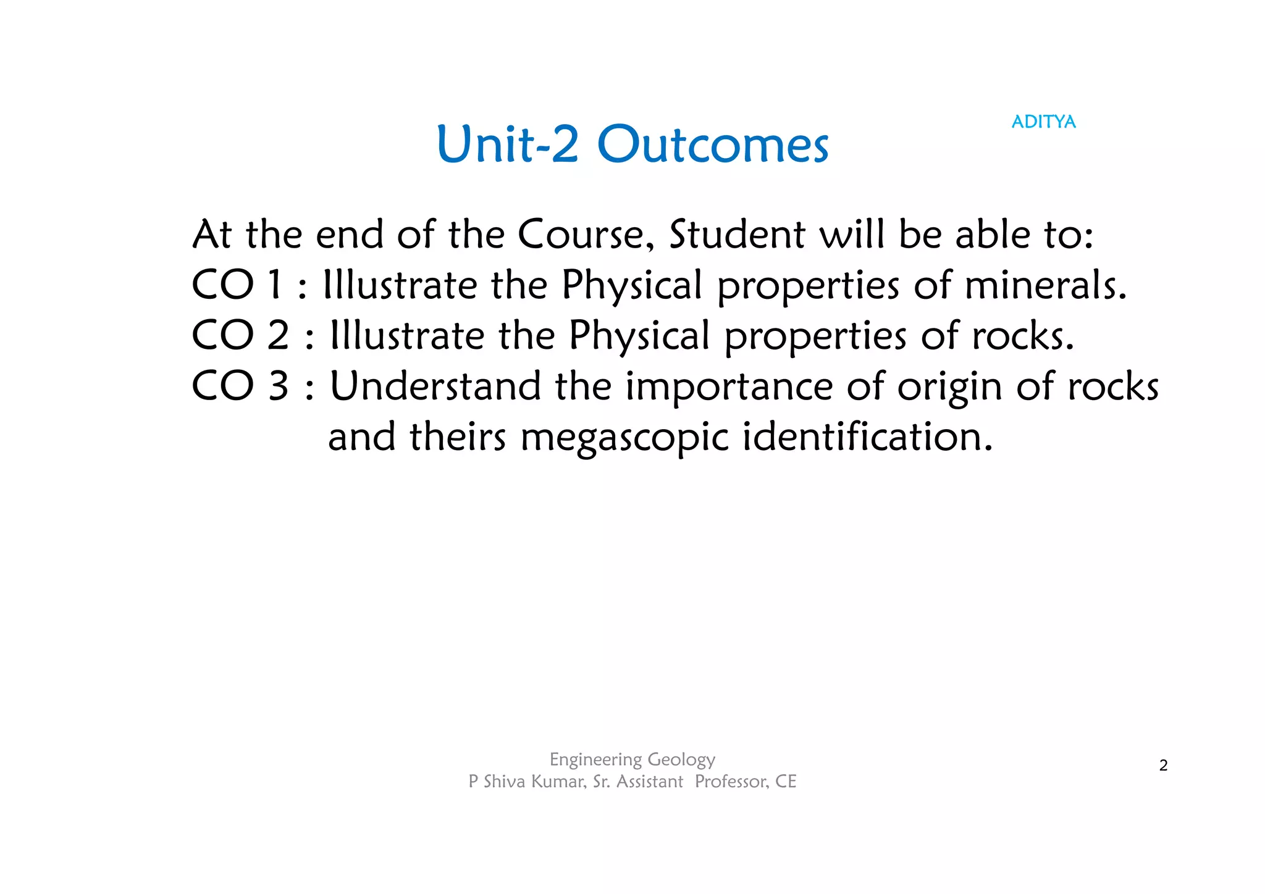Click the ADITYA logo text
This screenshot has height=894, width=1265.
pyautogui.click(x=1043, y=122)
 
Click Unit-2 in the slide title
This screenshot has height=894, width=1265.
pyautogui.click(x=507, y=145)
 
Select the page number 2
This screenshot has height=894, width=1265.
pyautogui.click(x=1163, y=766)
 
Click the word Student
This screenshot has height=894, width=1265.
pyautogui.click(x=737, y=235)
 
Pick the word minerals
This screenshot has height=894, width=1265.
pyautogui.click(x=1045, y=285)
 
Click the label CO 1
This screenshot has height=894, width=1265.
pyautogui.click(x=237, y=285)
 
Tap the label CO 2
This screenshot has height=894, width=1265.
pyautogui.click(x=240, y=336)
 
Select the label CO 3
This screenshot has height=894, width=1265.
pyautogui.click(x=240, y=386)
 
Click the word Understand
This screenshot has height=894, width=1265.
pyautogui.click(x=435, y=386)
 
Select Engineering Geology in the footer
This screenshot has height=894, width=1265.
pyautogui.click(x=632, y=759)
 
